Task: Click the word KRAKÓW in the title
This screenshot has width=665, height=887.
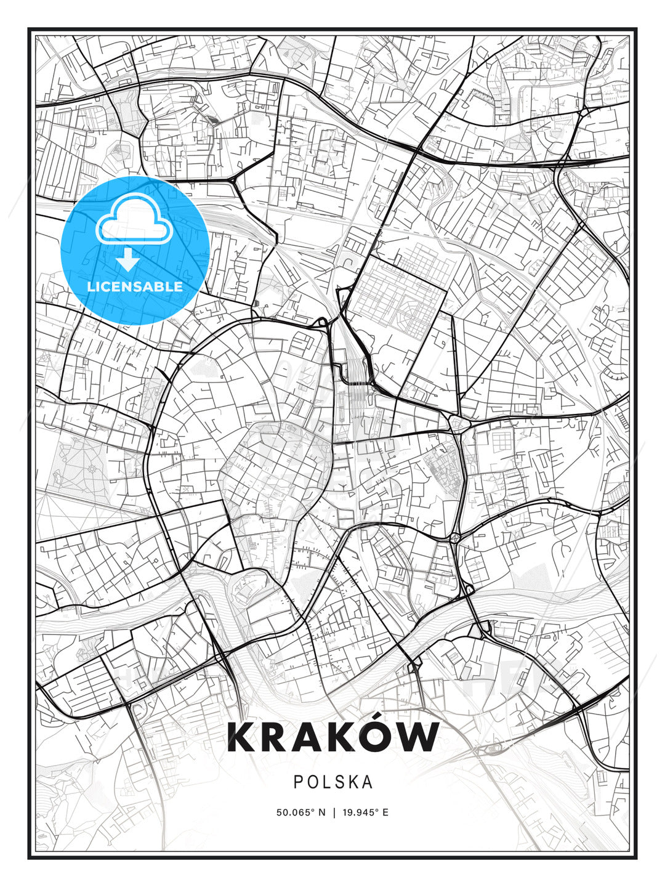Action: (x=333, y=737)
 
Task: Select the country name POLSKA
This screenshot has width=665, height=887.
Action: (x=333, y=782)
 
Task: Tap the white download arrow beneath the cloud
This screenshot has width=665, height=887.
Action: (x=128, y=260)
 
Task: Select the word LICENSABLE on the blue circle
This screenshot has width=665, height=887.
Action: (x=135, y=286)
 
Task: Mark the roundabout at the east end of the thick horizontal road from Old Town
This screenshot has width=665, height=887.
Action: (x=457, y=424)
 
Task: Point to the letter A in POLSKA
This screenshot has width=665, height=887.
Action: (x=367, y=782)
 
